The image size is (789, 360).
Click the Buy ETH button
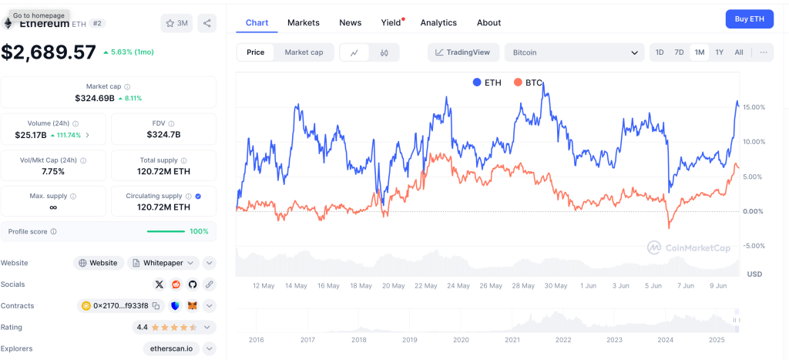(x=749, y=19)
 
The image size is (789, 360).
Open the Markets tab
(x=304, y=22)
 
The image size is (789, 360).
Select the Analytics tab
(x=438, y=22)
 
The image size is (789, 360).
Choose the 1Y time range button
(x=720, y=52)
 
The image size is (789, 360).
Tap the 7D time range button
(x=679, y=52)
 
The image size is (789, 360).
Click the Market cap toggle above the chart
(x=304, y=52)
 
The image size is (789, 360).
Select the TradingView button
(x=462, y=52)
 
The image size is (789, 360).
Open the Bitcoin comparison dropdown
(x=574, y=52)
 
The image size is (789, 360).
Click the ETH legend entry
(x=487, y=82)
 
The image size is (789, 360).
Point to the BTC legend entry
(x=528, y=82)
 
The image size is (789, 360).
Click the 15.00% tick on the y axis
(x=752, y=107)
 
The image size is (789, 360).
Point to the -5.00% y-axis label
(x=752, y=246)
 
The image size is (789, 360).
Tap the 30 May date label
(x=556, y=285)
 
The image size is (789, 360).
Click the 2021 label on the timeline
(x=512, y=339)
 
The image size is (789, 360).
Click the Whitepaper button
(x=163, y=263)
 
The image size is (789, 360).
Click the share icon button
(x=206, y=23)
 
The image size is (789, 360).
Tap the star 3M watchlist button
(x=176, y=23)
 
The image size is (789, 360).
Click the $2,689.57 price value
(x=49, y=52)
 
